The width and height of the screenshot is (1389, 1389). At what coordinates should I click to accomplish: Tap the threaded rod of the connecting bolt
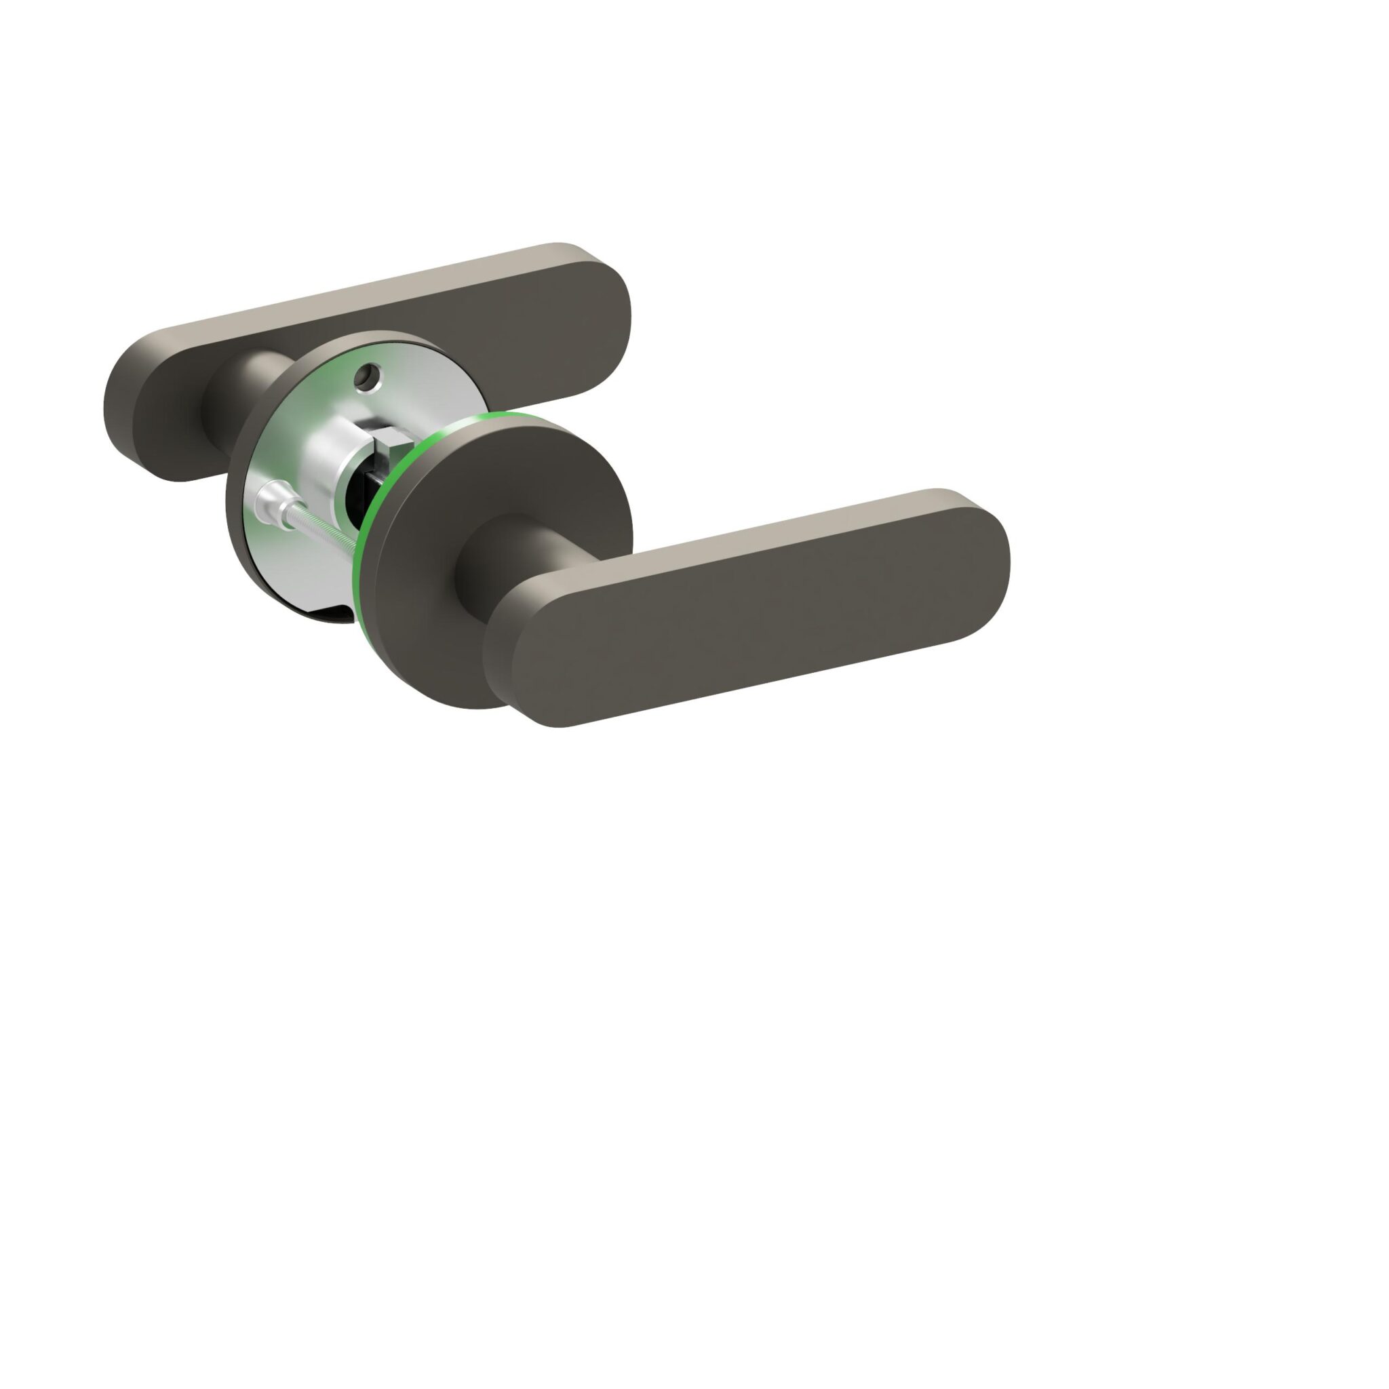(323, 530)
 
